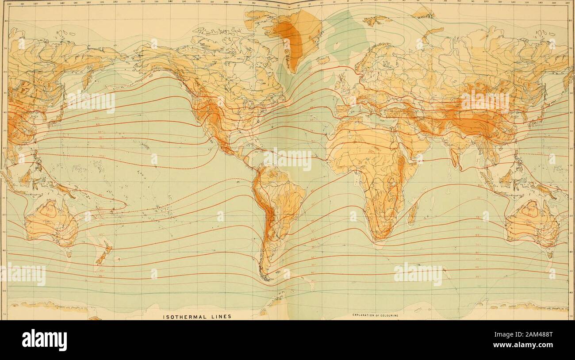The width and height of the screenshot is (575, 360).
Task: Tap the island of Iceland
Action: (324, 60)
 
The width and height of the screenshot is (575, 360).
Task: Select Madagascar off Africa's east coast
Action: (413, 213)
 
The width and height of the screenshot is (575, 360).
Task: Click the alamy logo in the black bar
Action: (44, 340)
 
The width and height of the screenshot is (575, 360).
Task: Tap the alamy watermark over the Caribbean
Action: (288, 159)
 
